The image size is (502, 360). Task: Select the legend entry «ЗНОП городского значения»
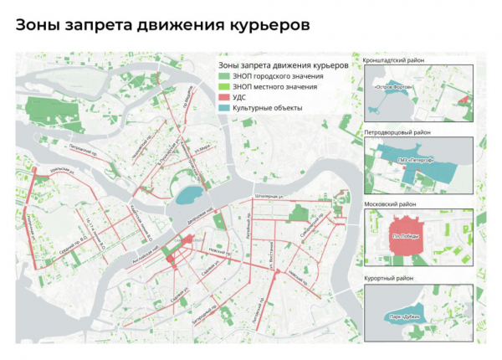pyautogui.click(x=268, y=76)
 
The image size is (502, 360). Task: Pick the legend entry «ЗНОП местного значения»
pyautogui.click(x=268, y=87)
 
